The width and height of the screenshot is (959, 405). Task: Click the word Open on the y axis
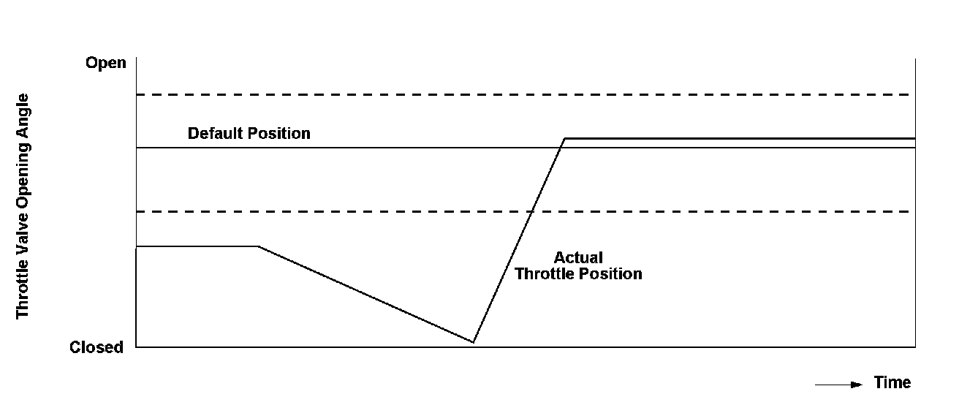pos(106,63)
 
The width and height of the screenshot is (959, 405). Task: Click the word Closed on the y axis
pos(96,347)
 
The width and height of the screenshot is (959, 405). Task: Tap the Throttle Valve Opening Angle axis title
pos(23,205)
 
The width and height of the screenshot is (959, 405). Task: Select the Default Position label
pos(249,134)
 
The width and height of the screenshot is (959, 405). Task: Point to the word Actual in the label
pos(578,258)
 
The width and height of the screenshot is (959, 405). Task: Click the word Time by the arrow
pos(892,382)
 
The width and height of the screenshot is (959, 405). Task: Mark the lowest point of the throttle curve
pos(473,342)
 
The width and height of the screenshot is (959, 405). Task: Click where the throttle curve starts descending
pos(259,246)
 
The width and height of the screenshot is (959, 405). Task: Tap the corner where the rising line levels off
pos(564,137)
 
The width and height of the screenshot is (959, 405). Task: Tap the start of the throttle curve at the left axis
pos(137,246)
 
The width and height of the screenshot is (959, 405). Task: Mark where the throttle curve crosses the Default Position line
pos(560,148)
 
